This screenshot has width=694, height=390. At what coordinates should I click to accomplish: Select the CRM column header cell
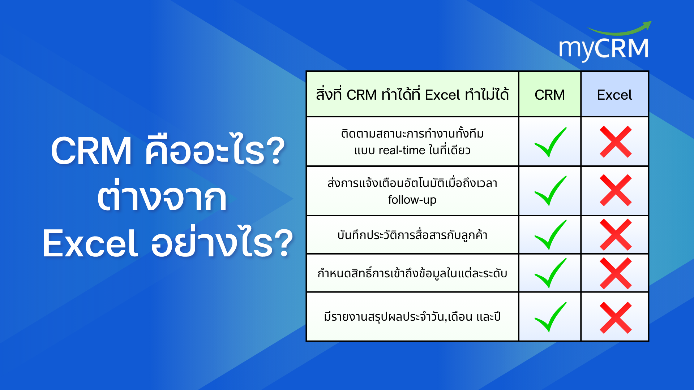pyautogui.click(x=550, y=94)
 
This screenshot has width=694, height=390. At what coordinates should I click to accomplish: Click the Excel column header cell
pyautogui.click(x=614, y=94)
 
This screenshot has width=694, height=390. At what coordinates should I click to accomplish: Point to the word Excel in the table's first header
pyautogui.click(x=442, y=95)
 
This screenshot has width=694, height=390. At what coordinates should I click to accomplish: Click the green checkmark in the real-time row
pyautogui.click(x=551, y=142)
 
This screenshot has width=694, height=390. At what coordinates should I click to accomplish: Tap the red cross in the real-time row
pyautogui.click(x=616, y=142)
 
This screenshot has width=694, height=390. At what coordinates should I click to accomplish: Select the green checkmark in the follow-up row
pyautogui.click(x=551, y=191)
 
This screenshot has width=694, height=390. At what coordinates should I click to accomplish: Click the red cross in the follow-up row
pyautogui.click(x=616, y=190)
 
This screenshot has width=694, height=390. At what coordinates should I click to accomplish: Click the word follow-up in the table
pyautogui.click(x=412, y=200)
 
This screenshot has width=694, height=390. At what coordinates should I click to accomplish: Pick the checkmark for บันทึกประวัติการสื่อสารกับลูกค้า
pyautogui.click(x=551, y=235)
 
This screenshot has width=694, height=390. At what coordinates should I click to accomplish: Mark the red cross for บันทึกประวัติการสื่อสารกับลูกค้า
pyautogui.click(x=616, y=235)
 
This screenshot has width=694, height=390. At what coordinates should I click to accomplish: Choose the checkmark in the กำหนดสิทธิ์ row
pyautogui.click(x=551, y=273)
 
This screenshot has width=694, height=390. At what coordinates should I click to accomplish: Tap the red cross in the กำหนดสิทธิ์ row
pyautogui.click(x=616, y=273)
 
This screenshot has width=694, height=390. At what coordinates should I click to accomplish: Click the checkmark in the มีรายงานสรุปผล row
pyautogui.click(x=551, y=317)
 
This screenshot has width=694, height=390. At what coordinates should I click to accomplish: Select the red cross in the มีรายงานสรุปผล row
pyautogui.click(x=616, y=318)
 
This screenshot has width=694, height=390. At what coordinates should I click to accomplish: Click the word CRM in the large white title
pyautogui.click(x=91, y=151)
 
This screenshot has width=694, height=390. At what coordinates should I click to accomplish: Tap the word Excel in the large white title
pyautogui.click(x=90, y=244)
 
